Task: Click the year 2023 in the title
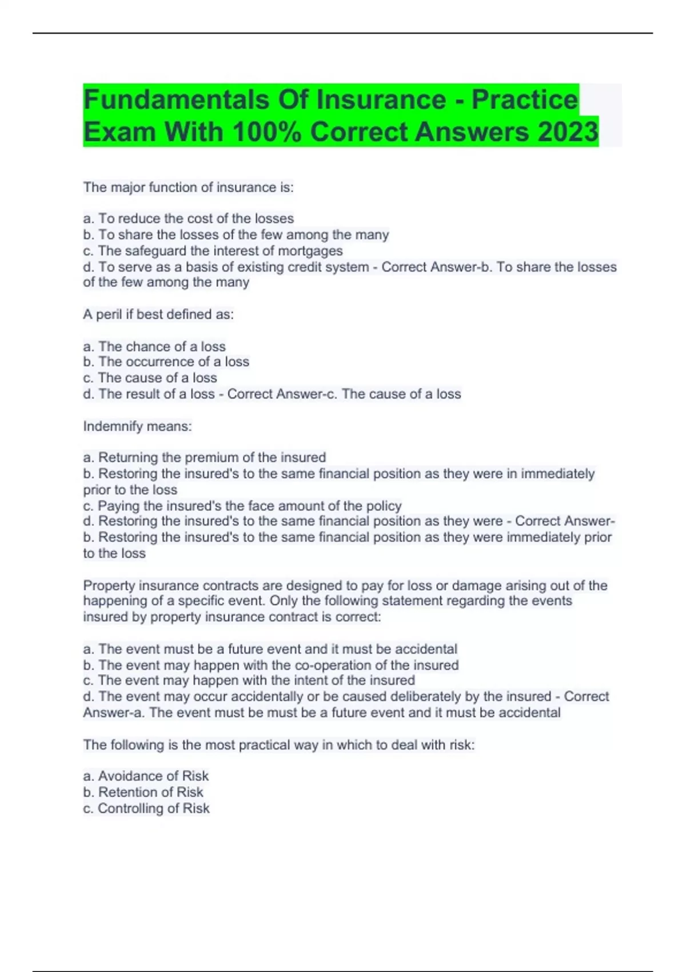pyautogui.click(x=568, y=132)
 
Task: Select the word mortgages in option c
pyautogui.click(x=310, y=250)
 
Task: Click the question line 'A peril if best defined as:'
pyautogui.click(x=158, y=314)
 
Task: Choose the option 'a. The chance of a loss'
pyautogui.click(x=154, y=346)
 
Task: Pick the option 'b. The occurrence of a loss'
pyautogui.click(x=166, y=361)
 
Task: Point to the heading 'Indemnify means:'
pyautogui.click(x=137, y=426)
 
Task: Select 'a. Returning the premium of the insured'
pyautogui.click(x=204, y=457)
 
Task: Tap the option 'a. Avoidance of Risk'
pyautogui.click(x=146, y=776)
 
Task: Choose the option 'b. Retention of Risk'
pyautogui.click(x=143, y=792)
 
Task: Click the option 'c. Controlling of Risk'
pyautogui.click(x=146, y=808)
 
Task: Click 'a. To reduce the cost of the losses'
pyautogui.click(x=188, y=218)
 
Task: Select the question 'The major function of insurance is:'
pyautogui.click(x=188, y=187)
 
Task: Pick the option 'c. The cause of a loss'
pyautogui.click(x=150, y=377)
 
